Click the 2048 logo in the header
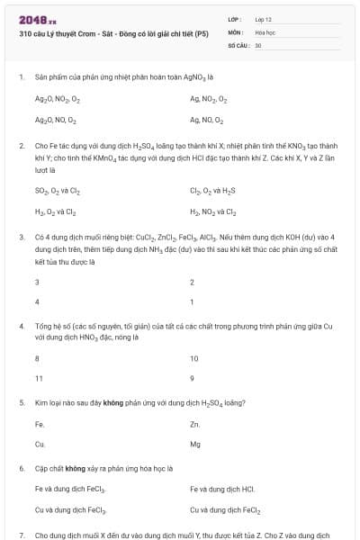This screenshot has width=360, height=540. pos(34,18)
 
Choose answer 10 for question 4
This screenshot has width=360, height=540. pos(194,358)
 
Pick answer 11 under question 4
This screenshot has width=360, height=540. pos(38,379)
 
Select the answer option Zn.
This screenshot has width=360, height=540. pos(195,424)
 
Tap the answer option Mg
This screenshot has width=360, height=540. pos(195,445)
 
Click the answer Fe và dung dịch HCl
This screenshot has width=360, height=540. pos(222,490)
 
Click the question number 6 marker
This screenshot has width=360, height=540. pos(21,469)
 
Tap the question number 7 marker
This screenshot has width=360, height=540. pos(21,535)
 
